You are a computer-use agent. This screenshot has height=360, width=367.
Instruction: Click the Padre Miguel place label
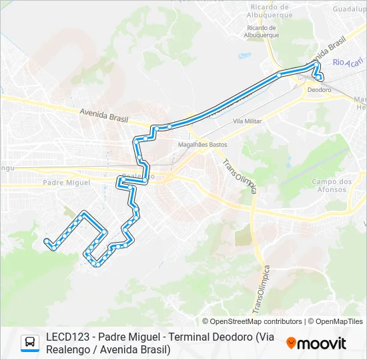[66, 182]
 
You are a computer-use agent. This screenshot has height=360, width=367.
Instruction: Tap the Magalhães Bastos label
[203, 145]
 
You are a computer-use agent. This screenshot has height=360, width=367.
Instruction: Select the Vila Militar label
[247, 121]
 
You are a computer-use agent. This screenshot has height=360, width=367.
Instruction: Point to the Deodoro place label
[320, 89]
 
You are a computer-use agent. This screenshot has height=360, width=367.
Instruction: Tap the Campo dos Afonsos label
[332, 185]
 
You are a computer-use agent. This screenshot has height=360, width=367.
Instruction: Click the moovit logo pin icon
[292, 343]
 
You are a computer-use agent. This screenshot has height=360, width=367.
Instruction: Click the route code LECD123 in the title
[69, 337]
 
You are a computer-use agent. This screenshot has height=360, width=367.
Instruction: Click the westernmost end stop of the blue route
[46, 241]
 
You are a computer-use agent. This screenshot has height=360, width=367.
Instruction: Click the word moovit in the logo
[322, 343]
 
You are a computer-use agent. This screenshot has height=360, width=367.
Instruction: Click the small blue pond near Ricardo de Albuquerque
[243, 56]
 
